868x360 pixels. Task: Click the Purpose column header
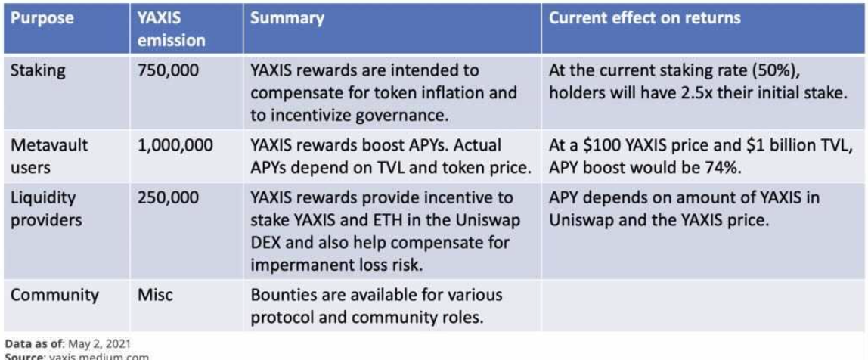[x=42, y=18]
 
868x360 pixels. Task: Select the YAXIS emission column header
[x=171, y=29]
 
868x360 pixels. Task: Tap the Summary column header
[x=287, y=18]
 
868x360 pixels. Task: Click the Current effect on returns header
[x=644, y=17]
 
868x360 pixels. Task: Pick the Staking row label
[x=38, y=71]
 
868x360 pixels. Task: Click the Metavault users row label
[x=49, y=156]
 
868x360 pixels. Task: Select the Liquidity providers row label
[x=47, y=208]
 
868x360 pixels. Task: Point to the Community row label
[x=54, y=295]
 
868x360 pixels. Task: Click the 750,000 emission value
[x=169, y=71]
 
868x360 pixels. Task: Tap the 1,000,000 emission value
[x=175, y=146]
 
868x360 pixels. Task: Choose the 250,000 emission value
[x=169, y=197]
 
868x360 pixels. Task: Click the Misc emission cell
[x=155, y=295]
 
